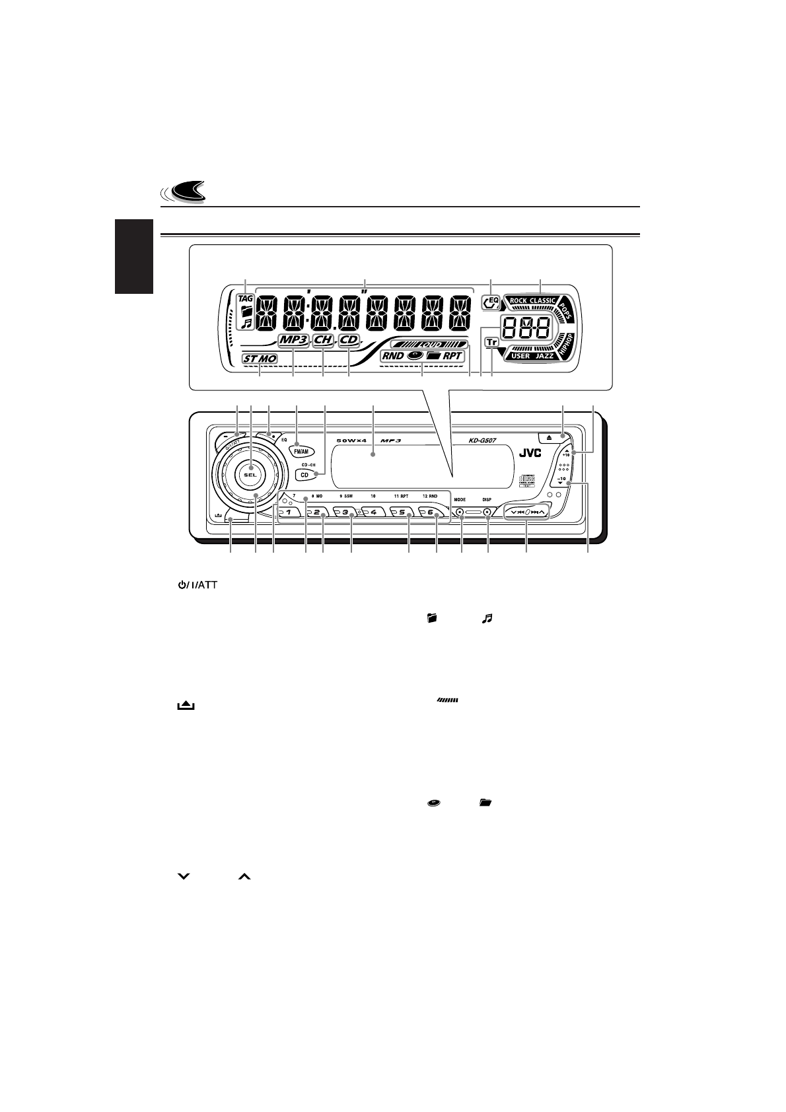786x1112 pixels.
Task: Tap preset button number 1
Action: pos(289,512)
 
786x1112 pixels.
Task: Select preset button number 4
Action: pos(373,512)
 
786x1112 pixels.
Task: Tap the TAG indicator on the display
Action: pos(246,298)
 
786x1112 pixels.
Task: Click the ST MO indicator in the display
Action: pos(260,359)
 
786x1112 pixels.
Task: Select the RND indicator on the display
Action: pos(393,355)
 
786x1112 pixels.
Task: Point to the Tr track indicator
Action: pos(491,342)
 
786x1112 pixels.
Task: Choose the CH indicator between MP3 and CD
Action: pos(323,340)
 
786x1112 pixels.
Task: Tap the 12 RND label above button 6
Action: pos(430,496)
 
